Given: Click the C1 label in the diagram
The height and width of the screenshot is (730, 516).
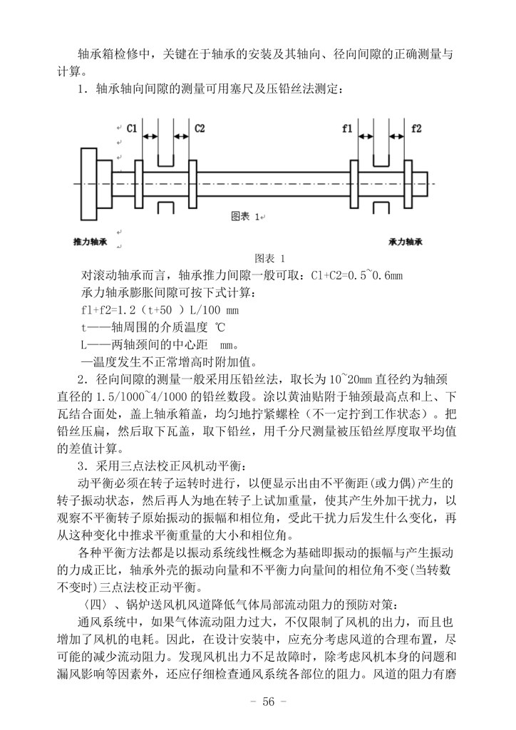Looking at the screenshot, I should click(131, 128).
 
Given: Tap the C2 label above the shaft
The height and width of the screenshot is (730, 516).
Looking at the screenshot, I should click(200, 128).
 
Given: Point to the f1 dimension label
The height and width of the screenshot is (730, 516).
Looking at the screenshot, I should click(347, 128).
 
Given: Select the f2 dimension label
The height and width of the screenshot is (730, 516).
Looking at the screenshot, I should click(416, 128).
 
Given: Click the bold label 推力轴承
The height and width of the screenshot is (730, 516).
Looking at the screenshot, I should click(91, 242).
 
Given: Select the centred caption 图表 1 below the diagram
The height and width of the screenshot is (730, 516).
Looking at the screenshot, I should click(269, 258).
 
